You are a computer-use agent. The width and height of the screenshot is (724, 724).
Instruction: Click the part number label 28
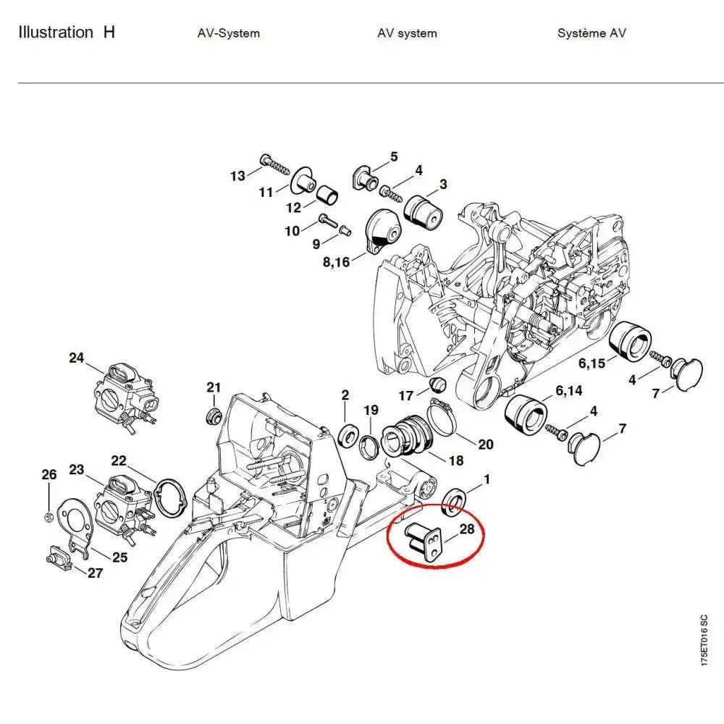467,529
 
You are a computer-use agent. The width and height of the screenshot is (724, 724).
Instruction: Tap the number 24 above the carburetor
77,358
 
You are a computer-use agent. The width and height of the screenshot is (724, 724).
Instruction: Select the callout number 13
238,176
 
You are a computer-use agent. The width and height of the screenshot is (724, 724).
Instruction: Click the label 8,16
335,261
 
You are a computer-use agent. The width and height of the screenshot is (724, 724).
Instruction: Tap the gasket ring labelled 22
172,499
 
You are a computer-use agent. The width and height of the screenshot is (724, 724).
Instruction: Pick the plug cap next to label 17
437,383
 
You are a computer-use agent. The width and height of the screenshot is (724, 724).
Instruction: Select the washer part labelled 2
348,435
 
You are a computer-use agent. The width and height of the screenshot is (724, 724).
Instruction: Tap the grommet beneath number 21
213,417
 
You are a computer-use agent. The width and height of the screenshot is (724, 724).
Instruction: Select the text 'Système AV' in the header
592,33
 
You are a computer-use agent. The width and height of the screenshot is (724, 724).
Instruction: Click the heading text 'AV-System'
228,33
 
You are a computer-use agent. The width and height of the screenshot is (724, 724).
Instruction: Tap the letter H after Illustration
109,33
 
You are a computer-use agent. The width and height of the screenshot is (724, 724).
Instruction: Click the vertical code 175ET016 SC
704,652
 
